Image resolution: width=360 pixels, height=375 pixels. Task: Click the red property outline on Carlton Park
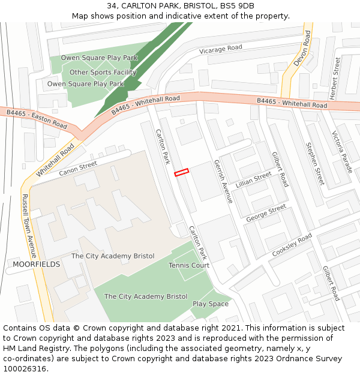pyautogui.click(x=181, y=172)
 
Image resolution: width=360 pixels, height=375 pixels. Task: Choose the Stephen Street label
pyautogui.click(x=315, y=163)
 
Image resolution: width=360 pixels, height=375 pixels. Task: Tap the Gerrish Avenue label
pyautogui.click(x=223, y=181)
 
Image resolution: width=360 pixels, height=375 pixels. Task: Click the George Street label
pyautogui.click(x=266, y=213)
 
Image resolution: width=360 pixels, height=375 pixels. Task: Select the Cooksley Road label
pyautogui.click(x=292, y=245)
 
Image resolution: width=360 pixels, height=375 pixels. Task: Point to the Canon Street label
pyautogui.click(x=78, y=169)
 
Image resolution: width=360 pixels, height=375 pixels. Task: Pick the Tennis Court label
pyautogui.click(x=189, y=265)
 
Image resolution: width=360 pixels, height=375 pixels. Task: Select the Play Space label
pyautogui.click(x=210, y=304)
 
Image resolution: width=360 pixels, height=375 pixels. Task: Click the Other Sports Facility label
pyautogui.click(x=103, y=73)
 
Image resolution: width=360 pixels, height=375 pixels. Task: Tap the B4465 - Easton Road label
pyautogui.click(x=37, y=118)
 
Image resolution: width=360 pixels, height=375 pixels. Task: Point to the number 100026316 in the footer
pyautogui.click(x=25, y=368)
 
